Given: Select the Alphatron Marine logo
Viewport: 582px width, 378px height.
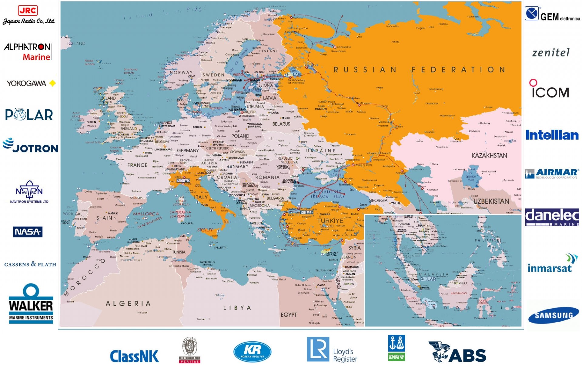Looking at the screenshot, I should click(28, 51).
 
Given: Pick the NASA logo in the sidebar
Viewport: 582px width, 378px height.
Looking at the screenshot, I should click(28, 232).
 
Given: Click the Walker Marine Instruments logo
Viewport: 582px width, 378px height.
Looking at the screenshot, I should click(31, 304).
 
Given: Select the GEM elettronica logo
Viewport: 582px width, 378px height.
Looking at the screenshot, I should click(552, 15).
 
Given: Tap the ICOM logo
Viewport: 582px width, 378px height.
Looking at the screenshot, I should click(550, 89).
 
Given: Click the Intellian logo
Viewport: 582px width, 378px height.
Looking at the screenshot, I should click(552, 135).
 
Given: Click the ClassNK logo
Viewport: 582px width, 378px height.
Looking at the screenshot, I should click(134, 356).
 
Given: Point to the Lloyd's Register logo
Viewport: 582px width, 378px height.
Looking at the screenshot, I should click(332, 350).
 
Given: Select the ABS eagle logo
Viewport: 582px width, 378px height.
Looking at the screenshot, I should click(457, 352).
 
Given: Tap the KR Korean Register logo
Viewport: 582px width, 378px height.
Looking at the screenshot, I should click(252, 352).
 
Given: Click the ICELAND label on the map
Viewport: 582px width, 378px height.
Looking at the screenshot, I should click(76, 43).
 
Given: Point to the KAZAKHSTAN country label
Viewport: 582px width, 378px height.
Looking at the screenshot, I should click(489, 156).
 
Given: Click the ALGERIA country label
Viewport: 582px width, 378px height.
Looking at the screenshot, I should click(128, 303).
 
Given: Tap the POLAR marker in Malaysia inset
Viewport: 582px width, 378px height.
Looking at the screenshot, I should click(428, 279).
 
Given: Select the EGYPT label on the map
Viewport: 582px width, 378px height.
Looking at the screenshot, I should click(289, 315).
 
